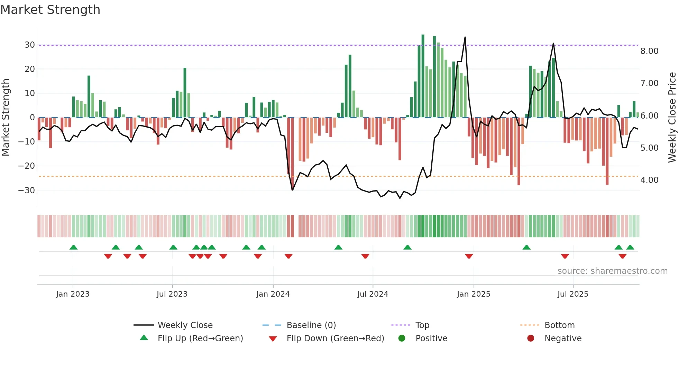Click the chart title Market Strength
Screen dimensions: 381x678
(50, 10)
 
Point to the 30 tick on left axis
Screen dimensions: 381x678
(29, 45)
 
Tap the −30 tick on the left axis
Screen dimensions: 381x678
(27, 191)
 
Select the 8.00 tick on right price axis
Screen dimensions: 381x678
(649, 51)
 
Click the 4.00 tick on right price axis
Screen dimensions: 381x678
(649, 180)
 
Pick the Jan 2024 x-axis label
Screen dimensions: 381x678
(273, 294)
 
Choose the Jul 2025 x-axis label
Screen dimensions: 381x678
(573, 294)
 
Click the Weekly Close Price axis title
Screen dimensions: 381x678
(672, 118)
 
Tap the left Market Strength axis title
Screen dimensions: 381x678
(6, 118)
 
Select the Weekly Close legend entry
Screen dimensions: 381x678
(185, 325)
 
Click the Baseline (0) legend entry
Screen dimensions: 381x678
(311, 325)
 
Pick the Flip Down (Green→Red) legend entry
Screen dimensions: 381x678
(335, 338)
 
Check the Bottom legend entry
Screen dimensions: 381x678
(559, 325)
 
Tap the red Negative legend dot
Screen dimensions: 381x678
(531, 338)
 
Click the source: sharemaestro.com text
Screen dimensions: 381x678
(612, 271)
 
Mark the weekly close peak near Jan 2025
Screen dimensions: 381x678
(465, 37)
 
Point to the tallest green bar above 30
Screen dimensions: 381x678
(423, 36)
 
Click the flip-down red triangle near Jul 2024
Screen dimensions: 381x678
(365, 256)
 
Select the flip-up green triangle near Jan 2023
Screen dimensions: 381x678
(73, 247)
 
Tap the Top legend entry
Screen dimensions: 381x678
(422, 325)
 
